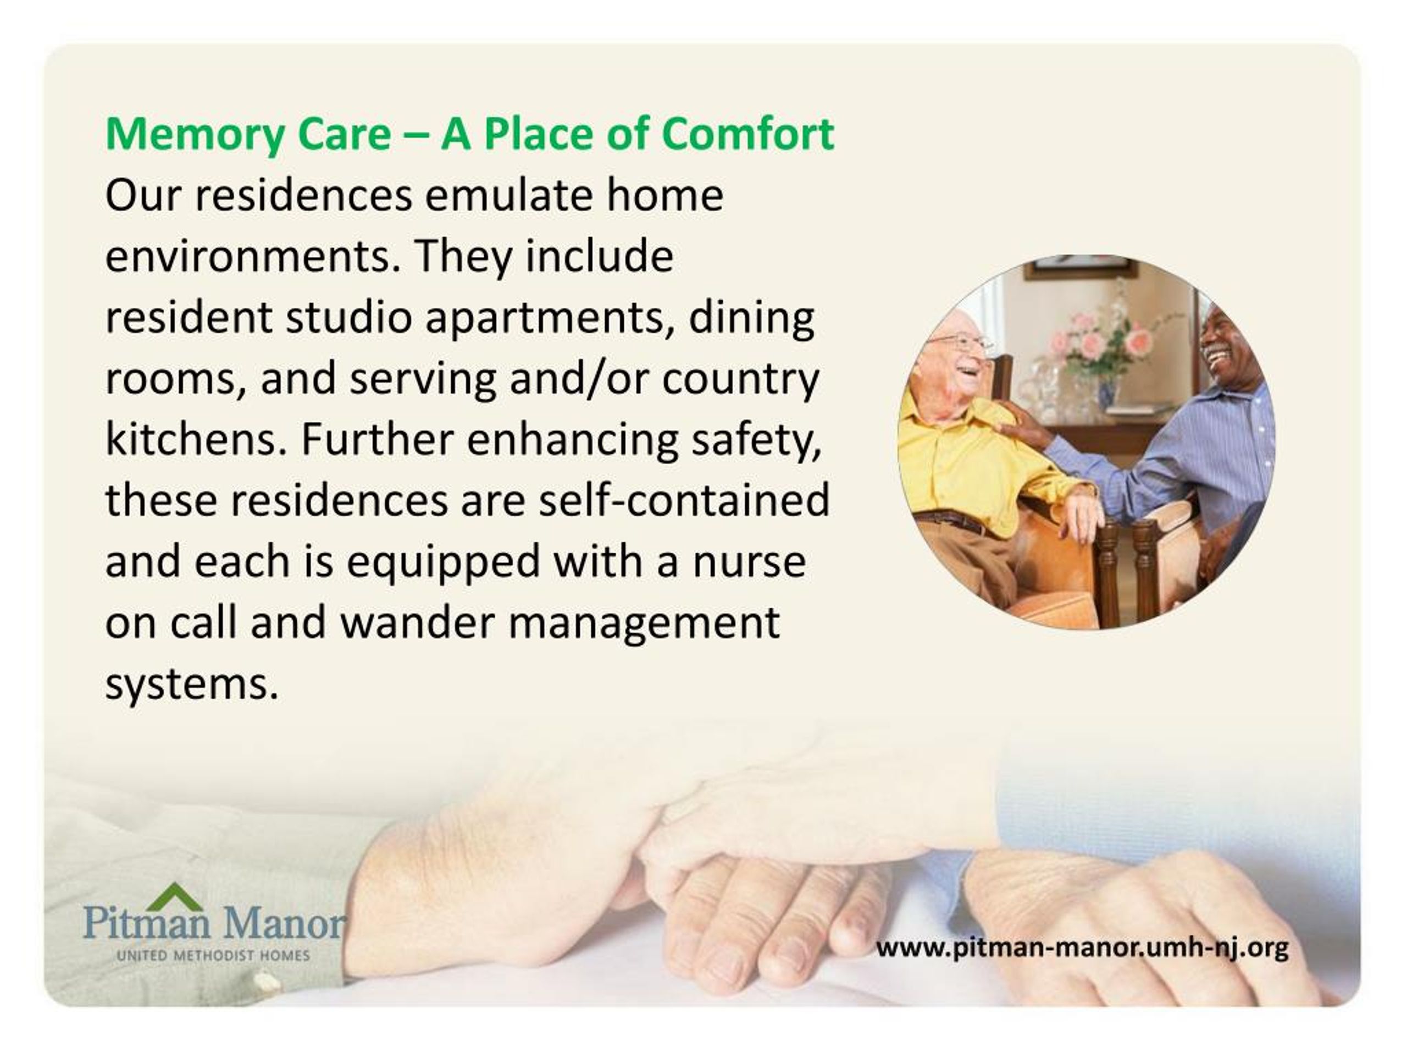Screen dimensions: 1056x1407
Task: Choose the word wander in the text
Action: tap(418, 623)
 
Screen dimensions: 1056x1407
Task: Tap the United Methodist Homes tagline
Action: tap(213, 955)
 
